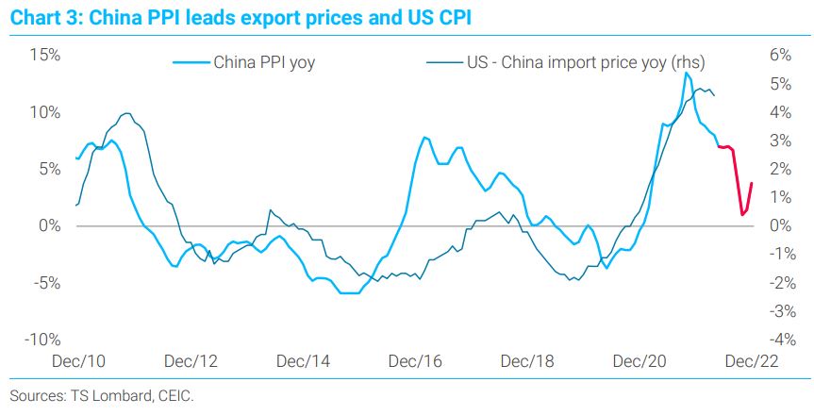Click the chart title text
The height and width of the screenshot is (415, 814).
(236, 18)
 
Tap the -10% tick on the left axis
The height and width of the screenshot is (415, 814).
(42, 340)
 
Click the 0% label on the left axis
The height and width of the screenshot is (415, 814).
(48, 225)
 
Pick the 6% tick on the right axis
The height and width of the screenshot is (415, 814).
(780, 55)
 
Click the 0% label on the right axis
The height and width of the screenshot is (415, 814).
(780, 225)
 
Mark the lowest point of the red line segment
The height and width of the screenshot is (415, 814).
(742, 215)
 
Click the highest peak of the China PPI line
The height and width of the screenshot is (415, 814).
(687, 73)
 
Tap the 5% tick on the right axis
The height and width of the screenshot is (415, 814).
(780, 83)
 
